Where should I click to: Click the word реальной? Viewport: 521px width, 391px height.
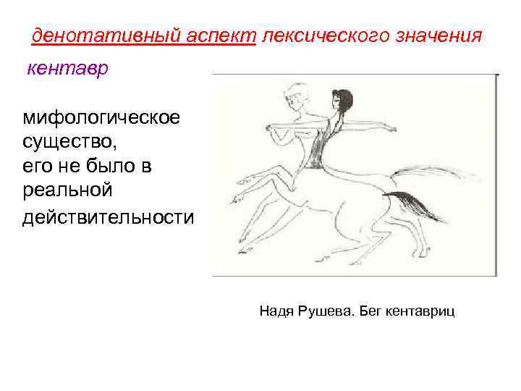68,192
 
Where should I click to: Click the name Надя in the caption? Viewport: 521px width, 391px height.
276,311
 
